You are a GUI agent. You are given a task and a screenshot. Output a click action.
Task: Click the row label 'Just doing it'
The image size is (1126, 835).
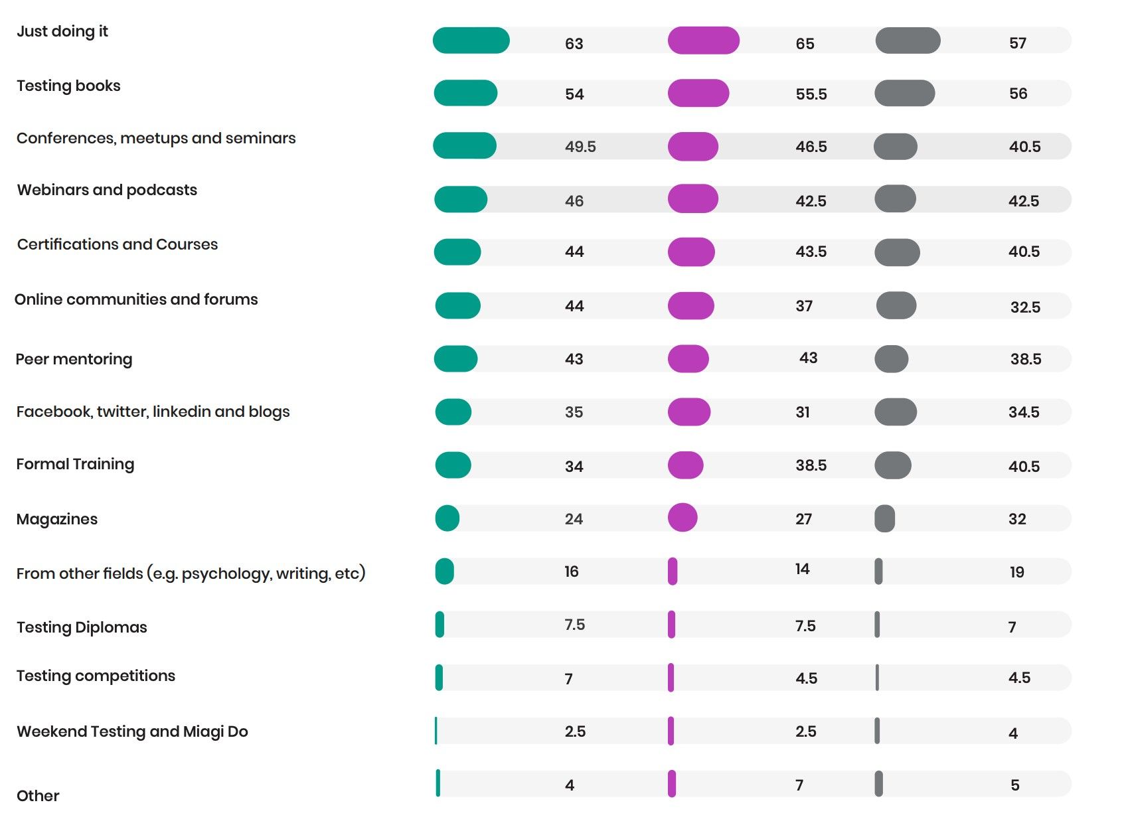coord(62,31)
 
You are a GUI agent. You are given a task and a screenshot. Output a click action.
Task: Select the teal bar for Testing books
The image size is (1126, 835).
coord(465,93)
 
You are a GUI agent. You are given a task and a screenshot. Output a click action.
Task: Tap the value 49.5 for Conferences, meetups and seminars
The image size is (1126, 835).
coord(580,147)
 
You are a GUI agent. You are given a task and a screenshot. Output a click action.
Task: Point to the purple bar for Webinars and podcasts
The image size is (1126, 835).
coord(692,199)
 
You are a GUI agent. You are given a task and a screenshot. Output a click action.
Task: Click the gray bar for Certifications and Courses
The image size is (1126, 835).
coord(897,252)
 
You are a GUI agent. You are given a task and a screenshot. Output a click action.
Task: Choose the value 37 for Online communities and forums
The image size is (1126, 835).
coord(804,306)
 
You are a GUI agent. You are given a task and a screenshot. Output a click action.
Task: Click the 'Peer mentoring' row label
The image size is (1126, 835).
coord(74,359)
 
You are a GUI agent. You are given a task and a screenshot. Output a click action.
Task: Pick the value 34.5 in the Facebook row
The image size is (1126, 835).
coord(1024,412)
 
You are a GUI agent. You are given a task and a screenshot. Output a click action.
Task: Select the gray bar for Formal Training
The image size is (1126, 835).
coord(893,465)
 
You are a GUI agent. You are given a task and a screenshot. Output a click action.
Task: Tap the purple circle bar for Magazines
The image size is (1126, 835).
coord(683,518)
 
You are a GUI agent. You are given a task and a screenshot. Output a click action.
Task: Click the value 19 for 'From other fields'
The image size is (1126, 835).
coord(1016,572)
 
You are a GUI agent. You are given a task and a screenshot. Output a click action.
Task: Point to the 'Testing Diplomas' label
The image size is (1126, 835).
coord(82,627)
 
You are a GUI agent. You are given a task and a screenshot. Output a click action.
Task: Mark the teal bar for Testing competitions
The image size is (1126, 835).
coord(439,678)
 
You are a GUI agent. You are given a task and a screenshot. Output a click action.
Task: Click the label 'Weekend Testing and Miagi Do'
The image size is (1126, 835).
coord(132,731)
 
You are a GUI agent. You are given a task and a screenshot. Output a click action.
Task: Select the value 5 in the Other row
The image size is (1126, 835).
coord(1014,785)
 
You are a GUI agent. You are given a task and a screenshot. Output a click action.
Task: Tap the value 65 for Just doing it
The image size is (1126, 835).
coord(805,44)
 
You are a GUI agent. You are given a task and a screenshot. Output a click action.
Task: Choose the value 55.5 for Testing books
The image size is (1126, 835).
coord(811,94)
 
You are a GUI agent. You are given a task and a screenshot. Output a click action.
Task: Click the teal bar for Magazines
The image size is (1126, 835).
coord(447,518)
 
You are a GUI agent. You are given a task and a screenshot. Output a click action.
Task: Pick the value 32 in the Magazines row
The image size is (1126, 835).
coord(1017,519)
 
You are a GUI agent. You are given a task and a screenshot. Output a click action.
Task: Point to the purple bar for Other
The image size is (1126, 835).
coord(672,784)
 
